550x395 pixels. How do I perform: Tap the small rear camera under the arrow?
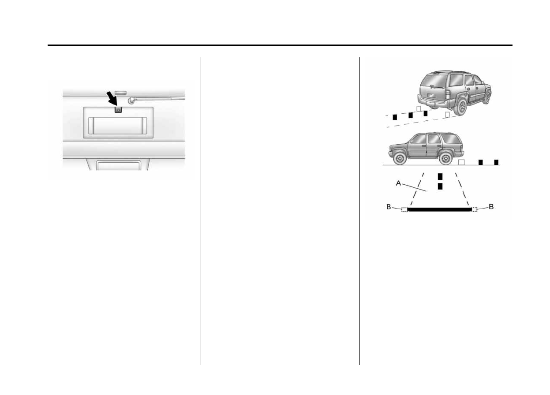(118, 110)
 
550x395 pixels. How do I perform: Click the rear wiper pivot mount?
(131, 101)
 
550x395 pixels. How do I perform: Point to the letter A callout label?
(398, 183)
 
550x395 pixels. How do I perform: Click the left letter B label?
(389, 207)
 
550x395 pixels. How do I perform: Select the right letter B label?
(491, 207)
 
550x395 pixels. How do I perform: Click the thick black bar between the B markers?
(439, 210)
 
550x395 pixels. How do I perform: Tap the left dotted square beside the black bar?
(404, 209)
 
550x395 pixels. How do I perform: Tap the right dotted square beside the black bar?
(475, 209)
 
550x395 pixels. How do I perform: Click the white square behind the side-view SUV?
(461, 162)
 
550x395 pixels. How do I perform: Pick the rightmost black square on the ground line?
(496, 162)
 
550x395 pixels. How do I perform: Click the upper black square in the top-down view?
(440, 176)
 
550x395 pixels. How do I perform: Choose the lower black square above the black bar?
(440, 186)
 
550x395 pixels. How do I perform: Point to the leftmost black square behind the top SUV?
(395, 117)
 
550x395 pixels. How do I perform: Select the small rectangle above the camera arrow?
(120, 93)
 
